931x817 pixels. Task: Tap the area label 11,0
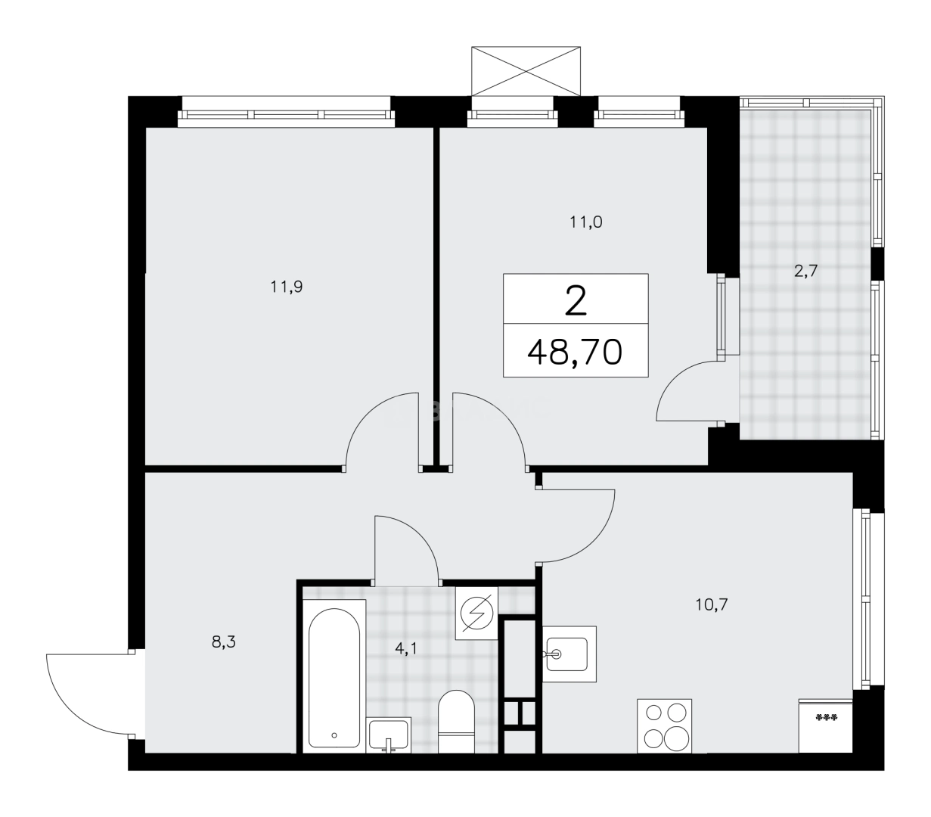coord(586,222)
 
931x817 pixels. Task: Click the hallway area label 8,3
coord(223,643)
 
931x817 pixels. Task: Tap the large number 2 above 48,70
coord(576,301)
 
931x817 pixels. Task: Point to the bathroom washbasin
coord(389,735)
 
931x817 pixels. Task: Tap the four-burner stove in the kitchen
coord(666,725)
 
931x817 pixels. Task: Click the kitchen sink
coord(569,648)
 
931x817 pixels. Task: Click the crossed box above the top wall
coord(526,71)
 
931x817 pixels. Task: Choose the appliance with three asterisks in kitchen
coord(826,725)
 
